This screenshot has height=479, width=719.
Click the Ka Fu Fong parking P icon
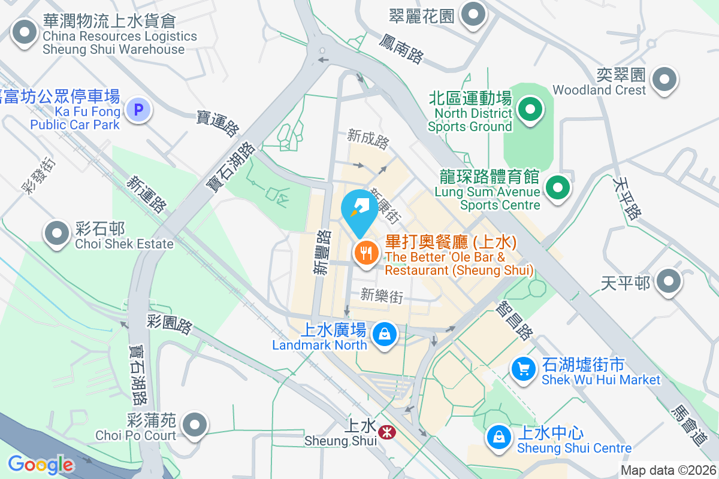(x=139, y=110)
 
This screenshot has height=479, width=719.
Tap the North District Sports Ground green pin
(x=530, y=110)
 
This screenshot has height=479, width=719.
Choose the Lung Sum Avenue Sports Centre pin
(x=558, y=187)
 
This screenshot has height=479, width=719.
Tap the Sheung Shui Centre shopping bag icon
(x=499, y=436)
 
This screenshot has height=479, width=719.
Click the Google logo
(x=40, y=464)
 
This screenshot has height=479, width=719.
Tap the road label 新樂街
(x=382, y=295)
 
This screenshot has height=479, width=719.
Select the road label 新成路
(x=368, y=139)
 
